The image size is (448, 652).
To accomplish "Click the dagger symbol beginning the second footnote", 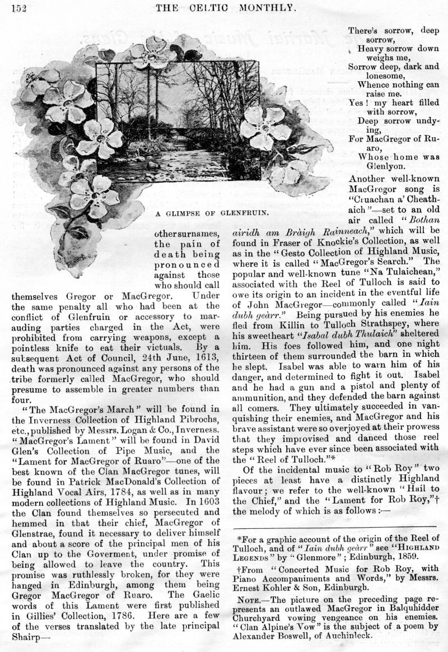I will pyautogui.click(x=238, y=568).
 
